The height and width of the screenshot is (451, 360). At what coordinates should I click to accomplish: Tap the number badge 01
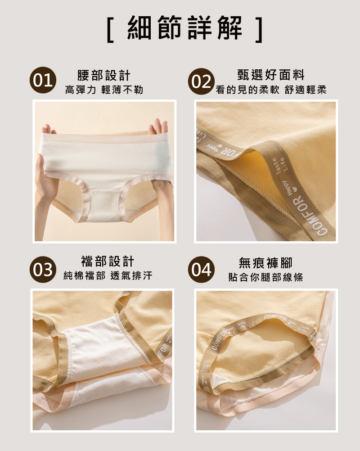pos(42,81)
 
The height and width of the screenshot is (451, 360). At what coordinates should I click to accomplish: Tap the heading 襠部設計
pos(108,262)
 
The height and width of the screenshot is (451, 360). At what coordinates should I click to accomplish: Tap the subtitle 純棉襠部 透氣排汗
pos(108,276)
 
